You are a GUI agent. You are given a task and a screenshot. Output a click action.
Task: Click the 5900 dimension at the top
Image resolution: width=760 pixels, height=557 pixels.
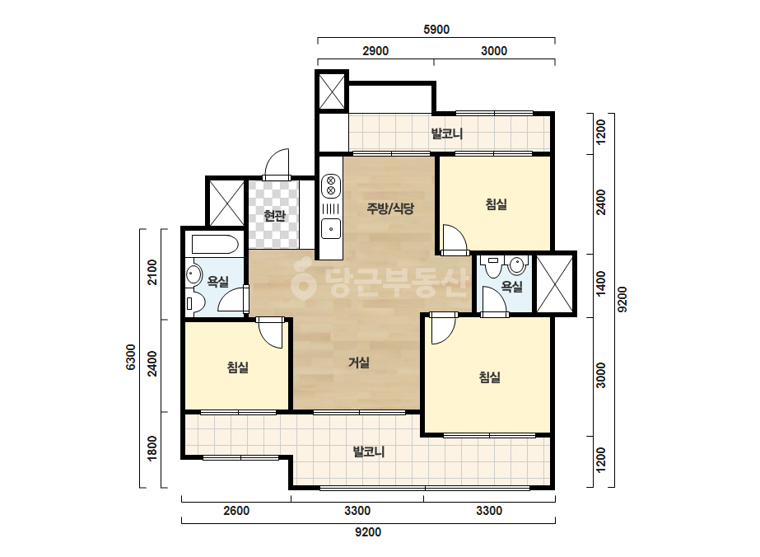(x=436, y=30)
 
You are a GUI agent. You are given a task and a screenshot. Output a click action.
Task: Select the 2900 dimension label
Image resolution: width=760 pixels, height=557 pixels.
(x=375, y=51)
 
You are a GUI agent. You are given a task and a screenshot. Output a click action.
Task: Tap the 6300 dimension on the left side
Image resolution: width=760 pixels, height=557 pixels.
(x=131, y=357)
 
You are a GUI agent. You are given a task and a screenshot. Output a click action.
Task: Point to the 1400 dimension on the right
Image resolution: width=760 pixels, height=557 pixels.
(x=600, y=283)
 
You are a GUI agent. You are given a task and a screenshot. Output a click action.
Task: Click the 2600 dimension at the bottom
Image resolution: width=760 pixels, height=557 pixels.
(x=236, y=511)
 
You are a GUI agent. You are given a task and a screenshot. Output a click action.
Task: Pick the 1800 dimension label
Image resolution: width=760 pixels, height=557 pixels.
(x=152, y=448)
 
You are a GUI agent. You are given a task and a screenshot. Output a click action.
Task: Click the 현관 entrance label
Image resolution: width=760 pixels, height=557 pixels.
(x=274, y=215)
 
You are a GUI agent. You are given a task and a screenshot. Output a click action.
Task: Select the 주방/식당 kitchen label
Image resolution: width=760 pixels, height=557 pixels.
(x=390, y=208)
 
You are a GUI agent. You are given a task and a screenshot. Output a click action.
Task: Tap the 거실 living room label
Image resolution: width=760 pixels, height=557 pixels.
(x=359, y=363)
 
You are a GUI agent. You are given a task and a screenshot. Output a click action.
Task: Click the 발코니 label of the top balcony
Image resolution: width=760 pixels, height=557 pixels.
(x=447, y=133)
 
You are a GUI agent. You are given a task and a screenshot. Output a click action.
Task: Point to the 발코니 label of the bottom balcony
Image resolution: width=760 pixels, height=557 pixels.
(x=369, y=452)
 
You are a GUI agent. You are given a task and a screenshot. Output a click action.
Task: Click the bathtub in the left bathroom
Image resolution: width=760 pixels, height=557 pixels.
(x=215, y=245)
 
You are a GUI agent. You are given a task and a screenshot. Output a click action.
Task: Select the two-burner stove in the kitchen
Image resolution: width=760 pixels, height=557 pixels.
(x=331, y=185)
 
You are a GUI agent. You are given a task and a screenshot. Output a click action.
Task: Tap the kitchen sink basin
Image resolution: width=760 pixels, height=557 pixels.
(x=331, y=228)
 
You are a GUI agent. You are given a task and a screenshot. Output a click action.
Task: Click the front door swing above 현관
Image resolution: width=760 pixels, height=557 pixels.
(x=277, y=164)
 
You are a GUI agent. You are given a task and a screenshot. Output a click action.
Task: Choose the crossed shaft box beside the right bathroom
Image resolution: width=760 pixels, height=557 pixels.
(x=555, y=283)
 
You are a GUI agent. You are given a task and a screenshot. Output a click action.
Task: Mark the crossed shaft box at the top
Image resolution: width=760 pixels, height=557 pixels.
(x=332, y=91)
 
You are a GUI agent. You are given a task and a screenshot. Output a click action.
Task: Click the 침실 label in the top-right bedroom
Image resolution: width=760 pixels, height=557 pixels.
(x=496, y=204)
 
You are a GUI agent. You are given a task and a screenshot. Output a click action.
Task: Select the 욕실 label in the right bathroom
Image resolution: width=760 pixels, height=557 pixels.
(x=512, y=286)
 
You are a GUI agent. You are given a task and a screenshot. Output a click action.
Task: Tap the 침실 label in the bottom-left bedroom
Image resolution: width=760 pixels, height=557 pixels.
(x=237, y=367)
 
